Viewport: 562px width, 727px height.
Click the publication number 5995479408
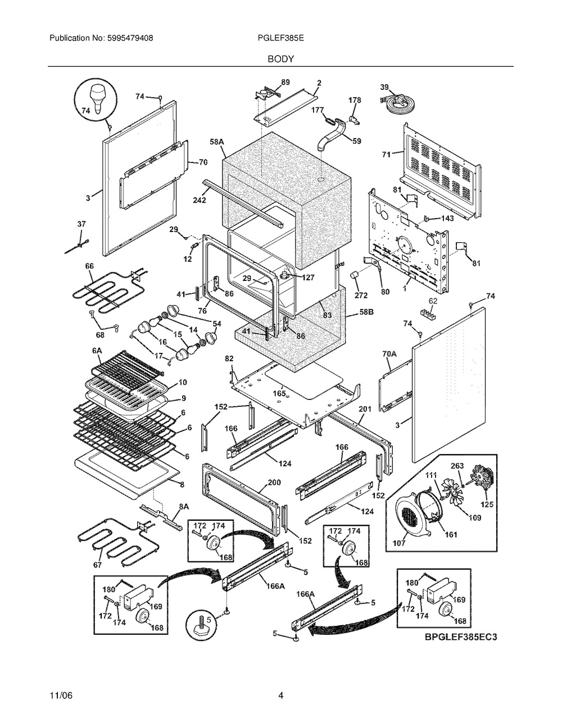tap(130, 38)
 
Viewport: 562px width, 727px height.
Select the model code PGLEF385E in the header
tap(280, 38)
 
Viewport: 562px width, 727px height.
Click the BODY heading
tap(280, 59)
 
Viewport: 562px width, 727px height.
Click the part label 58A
tap(216, 142)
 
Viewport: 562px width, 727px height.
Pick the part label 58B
tap(366, 312)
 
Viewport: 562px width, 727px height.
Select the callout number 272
tap(361, 296)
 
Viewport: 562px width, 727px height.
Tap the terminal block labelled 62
tap(428, 315)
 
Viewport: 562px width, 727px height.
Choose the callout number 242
tap(200, 200)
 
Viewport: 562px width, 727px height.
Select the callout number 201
tap(365, 409)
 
